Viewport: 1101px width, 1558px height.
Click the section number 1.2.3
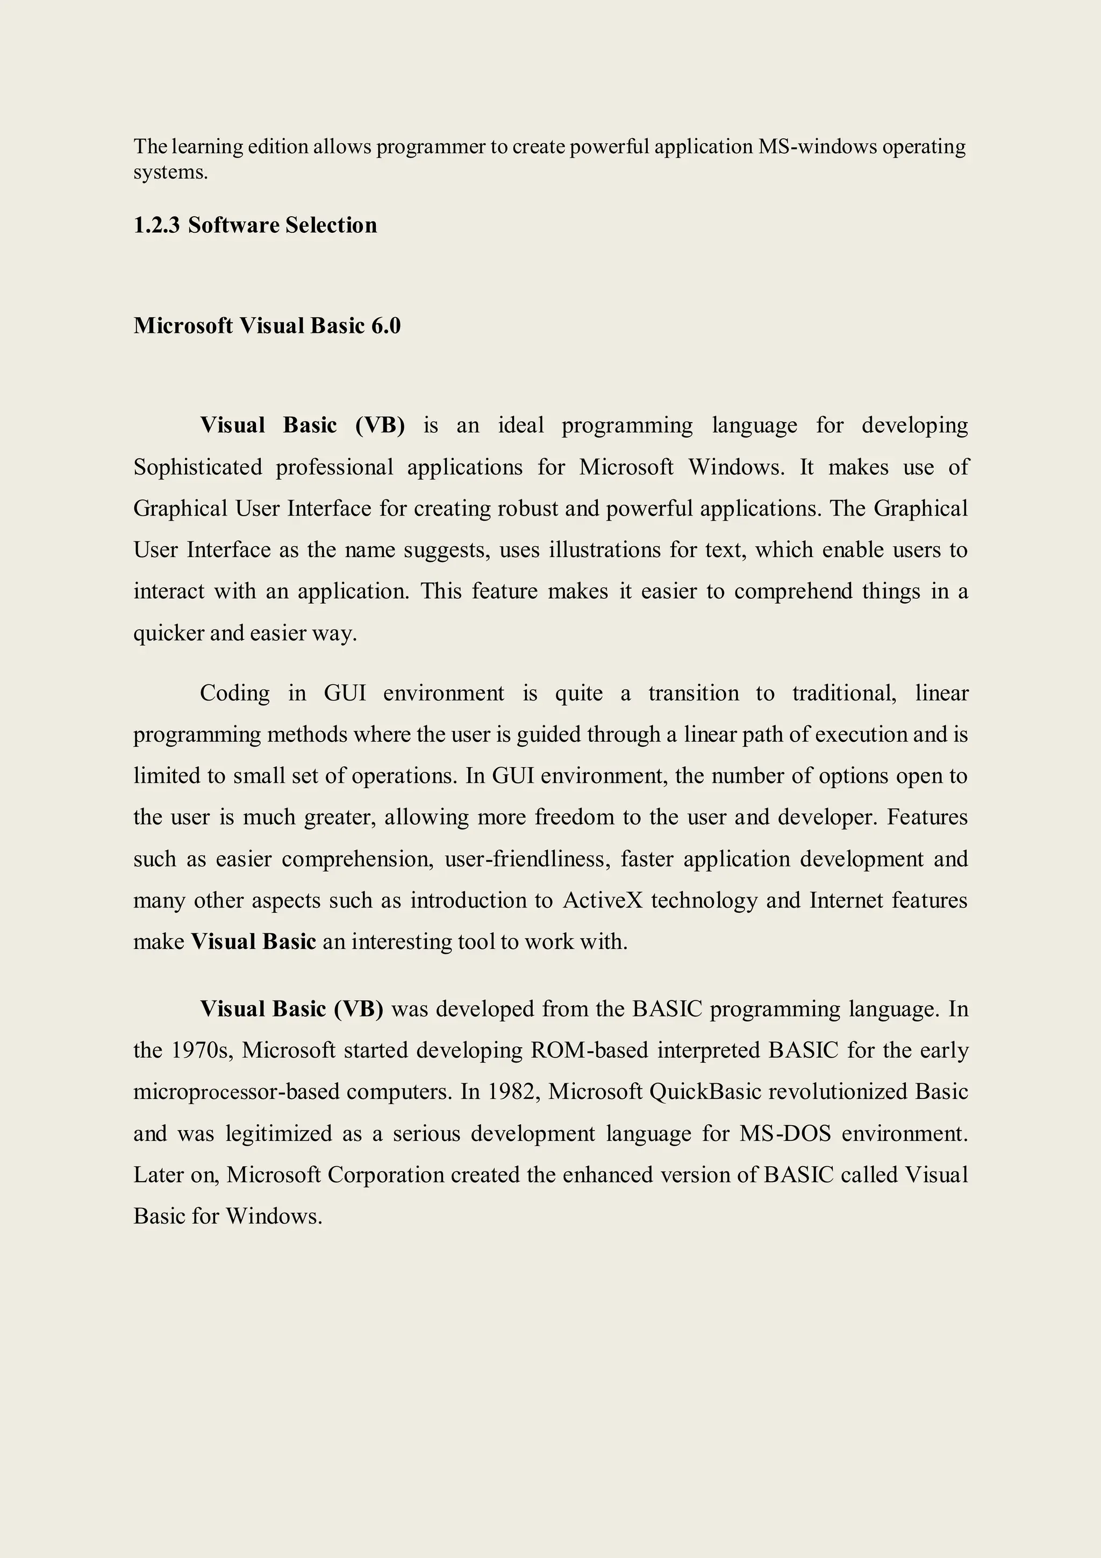(x=156, y=225)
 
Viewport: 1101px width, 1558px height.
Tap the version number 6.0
(x=385, y=326)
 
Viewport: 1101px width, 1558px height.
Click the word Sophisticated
(x=197, y=468)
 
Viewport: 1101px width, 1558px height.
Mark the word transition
(x=694, y=693)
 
